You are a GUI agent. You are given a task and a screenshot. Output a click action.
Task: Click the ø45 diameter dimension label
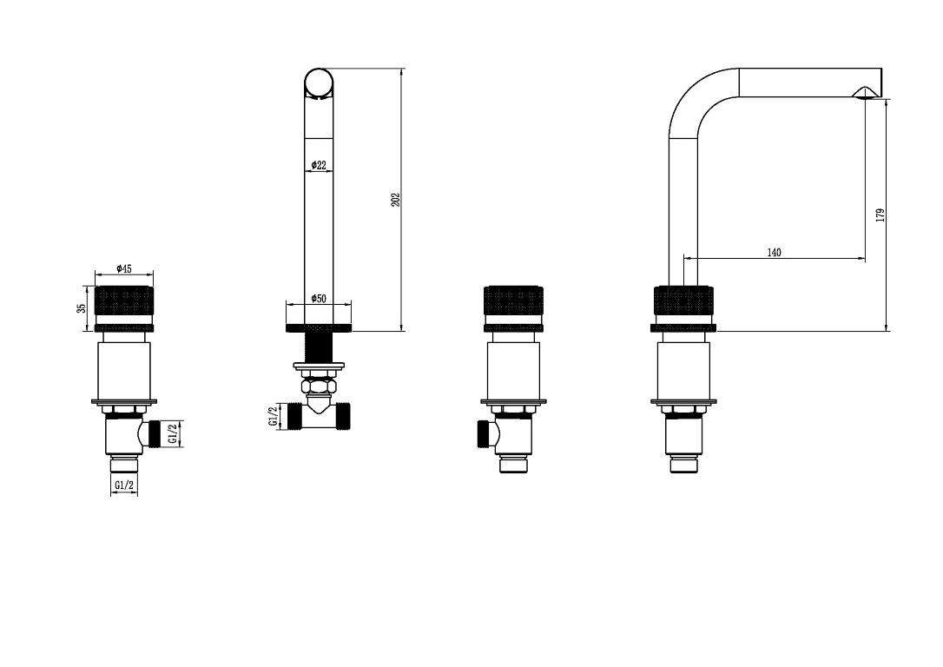124,268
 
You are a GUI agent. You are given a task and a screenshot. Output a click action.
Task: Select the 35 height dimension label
82,308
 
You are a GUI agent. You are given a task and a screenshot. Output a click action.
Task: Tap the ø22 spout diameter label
319,165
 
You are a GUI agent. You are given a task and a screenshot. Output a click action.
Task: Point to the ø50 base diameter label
319,298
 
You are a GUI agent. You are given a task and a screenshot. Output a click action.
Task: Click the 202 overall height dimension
396,200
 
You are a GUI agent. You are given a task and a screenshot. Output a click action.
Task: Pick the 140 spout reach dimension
774,253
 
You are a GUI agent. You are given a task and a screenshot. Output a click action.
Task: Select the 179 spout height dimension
880,215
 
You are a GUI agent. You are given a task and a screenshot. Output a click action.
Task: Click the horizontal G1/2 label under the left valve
124,485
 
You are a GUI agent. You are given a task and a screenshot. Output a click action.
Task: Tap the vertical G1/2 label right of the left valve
172,433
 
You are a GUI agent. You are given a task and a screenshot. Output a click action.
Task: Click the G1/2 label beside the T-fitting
274,416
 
